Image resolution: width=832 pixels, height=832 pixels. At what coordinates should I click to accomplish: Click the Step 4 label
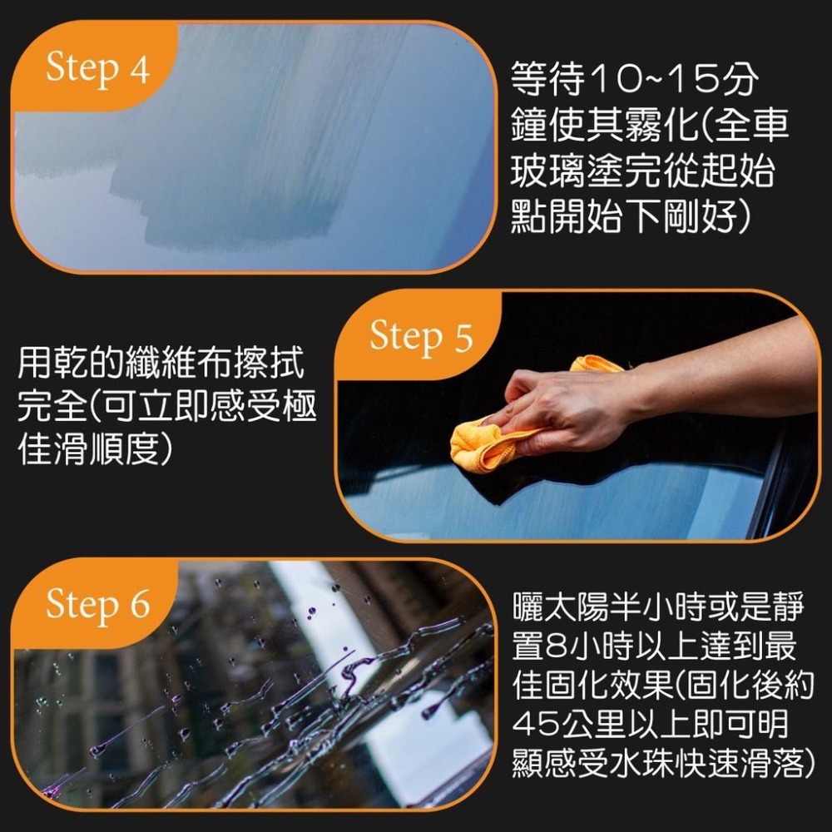point(97,70)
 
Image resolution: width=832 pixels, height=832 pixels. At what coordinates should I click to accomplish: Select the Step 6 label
point(97,605)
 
